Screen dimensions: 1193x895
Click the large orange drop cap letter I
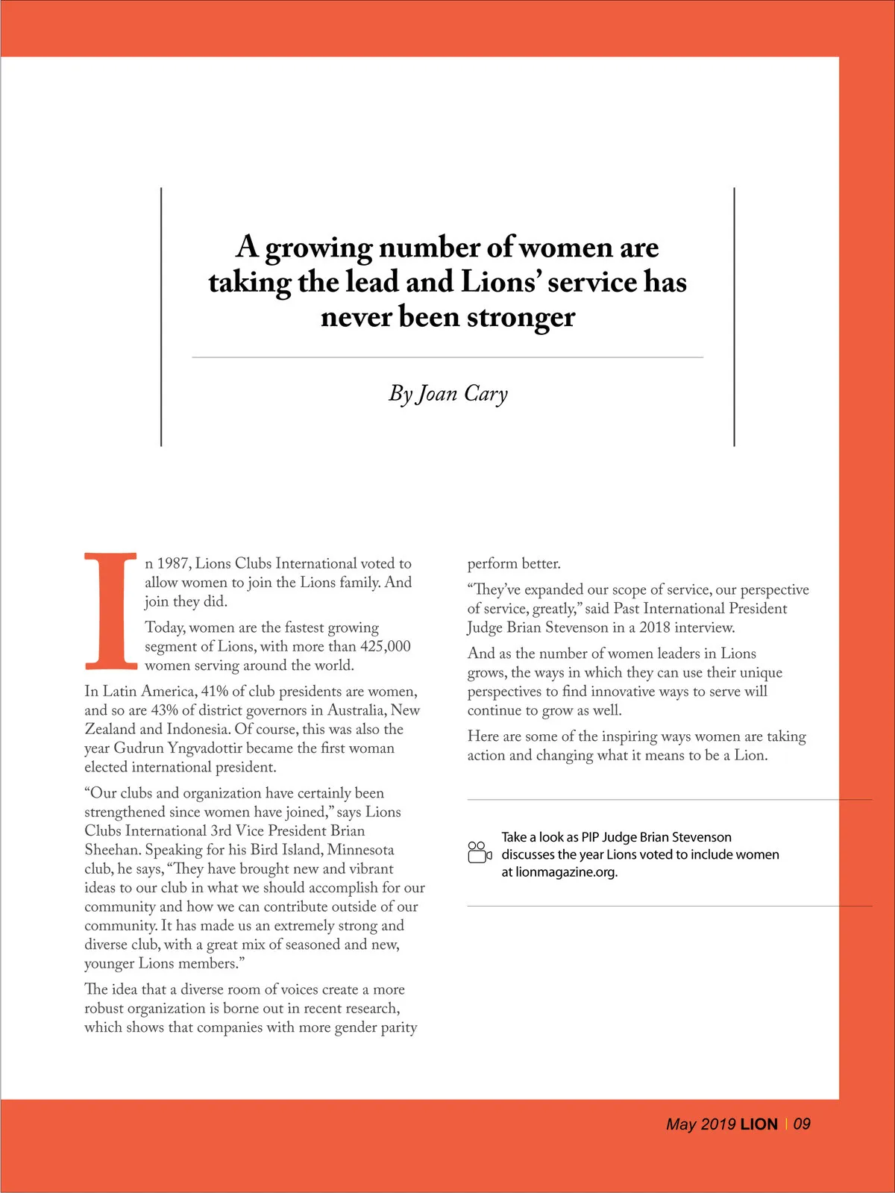click(110, 610)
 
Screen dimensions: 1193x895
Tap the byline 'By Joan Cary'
click(447, 393)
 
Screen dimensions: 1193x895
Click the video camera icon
click(479, 852)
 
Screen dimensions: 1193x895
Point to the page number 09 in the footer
click(802, 1124)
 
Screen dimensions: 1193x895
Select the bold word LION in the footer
click(759, 1124)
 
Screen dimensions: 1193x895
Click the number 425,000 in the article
click(385, 646)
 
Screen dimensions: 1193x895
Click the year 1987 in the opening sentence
click(173, 563)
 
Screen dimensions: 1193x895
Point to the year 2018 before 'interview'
click(654, 627)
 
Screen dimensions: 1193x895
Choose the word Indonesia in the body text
click(189, 730)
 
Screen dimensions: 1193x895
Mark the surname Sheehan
click(111, 850)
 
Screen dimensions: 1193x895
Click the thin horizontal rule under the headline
click(447, 357)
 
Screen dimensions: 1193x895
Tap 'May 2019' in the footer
click(700, 1124)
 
